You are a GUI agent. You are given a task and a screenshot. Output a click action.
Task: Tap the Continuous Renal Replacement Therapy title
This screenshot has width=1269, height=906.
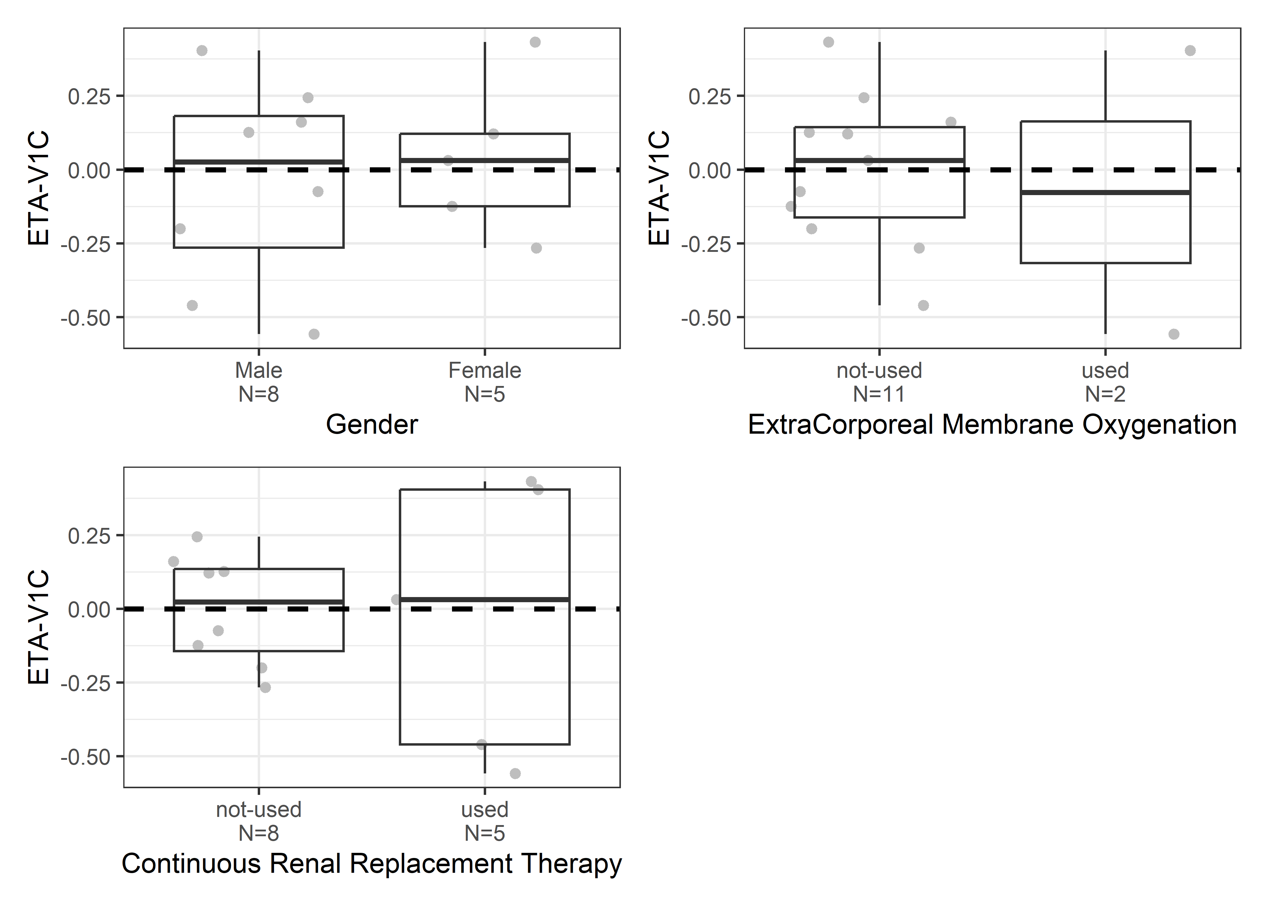(372, 864)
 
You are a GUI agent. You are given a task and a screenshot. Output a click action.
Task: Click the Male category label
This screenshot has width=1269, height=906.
(258, 371)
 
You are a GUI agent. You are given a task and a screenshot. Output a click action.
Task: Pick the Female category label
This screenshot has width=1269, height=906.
(484, 371)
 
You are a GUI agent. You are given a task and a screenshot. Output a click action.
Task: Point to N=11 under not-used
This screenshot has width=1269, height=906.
(879, 394)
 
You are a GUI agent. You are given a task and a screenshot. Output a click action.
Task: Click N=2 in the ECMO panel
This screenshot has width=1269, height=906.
(1105, 394)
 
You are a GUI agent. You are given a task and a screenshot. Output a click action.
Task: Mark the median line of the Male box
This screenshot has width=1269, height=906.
(258, 162)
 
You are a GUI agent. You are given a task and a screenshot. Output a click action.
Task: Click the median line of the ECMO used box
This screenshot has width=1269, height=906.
(1105, 192)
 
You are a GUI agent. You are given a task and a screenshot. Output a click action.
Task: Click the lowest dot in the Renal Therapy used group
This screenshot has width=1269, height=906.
(515, 773)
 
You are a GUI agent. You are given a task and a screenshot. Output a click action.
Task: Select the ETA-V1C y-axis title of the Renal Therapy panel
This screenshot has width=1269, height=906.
(39, 627)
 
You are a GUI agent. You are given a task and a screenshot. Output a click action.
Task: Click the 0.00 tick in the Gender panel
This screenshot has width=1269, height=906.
(89, 170)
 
